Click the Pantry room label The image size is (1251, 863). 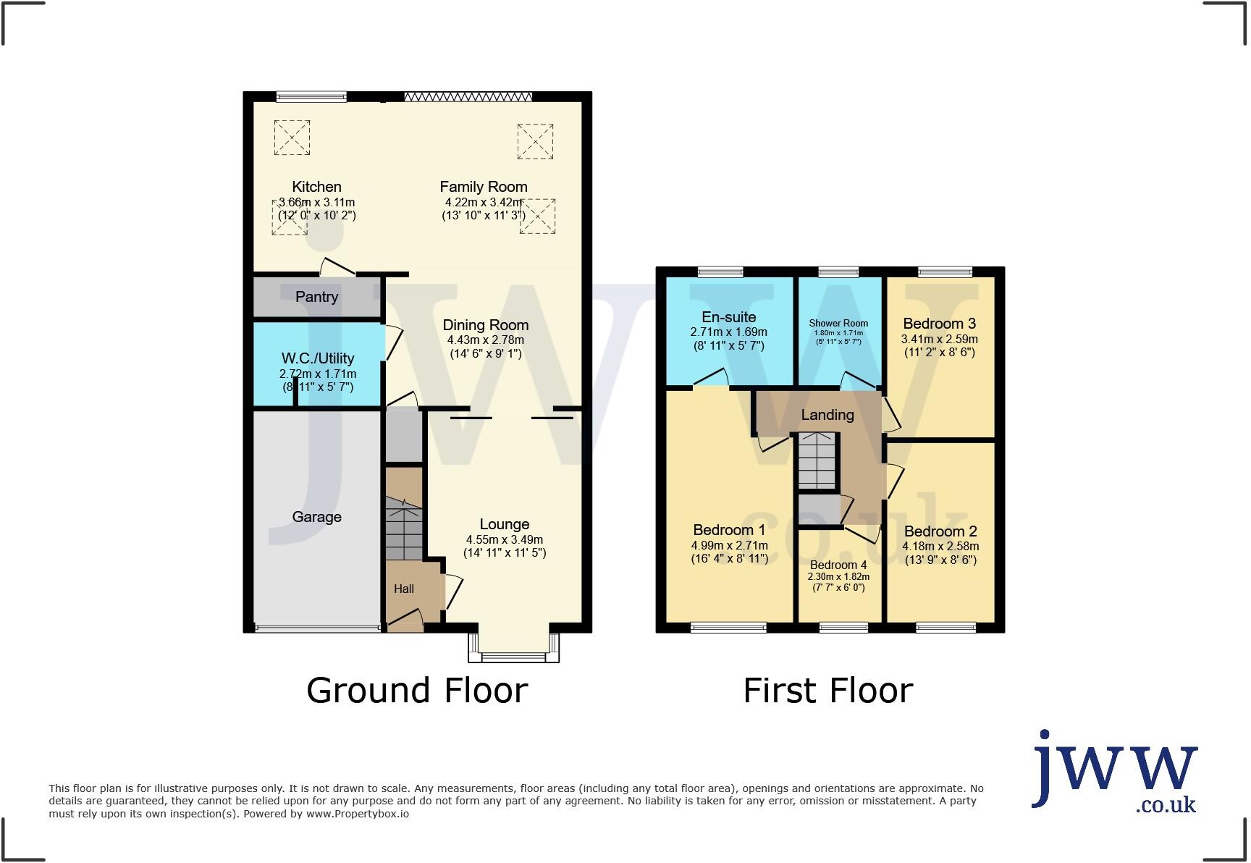(316, 297)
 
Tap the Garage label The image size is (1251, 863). (316, 517)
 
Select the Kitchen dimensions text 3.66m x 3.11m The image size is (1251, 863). (317, 203)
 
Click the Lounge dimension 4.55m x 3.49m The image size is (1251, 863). (504, 539)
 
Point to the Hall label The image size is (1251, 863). (404, 589)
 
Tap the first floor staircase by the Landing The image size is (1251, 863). (817, 461)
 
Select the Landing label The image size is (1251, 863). (827, 415)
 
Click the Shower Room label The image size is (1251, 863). (838, 324)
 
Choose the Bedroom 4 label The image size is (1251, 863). (838, 565)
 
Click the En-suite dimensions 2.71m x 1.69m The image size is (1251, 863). (728, 332)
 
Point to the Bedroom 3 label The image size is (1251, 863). (939, 324)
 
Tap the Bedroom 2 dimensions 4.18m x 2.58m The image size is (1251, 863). (940, 547)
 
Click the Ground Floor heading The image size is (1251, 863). (417, 690)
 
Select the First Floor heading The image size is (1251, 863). (827, 690)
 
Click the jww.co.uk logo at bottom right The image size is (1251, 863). (1115, 773)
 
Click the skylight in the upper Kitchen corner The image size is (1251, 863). (292, 137)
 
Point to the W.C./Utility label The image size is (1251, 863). (317, 358)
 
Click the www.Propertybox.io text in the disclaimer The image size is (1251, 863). (357, 814)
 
